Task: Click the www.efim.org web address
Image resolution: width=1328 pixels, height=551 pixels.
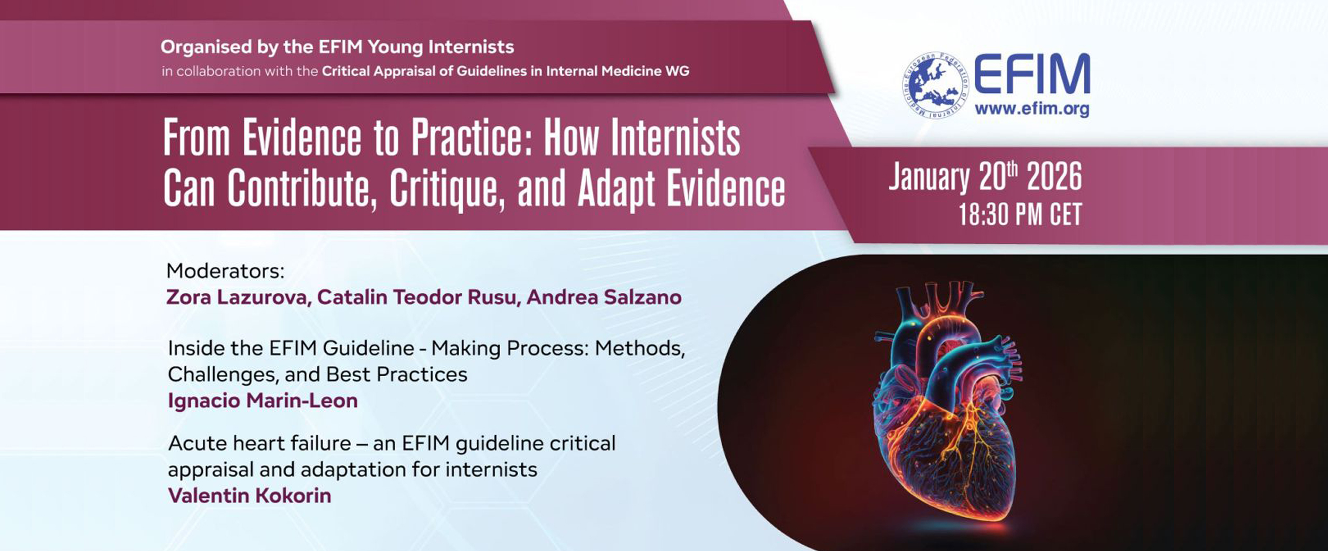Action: (1031, 110)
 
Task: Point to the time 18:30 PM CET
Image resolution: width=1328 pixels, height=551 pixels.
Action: (1019, 214)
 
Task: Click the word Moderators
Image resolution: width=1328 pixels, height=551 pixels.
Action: (225, 271)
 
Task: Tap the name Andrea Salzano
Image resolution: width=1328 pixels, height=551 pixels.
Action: (604, 297)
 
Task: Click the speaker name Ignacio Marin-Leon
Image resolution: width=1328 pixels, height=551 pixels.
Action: (262, 401)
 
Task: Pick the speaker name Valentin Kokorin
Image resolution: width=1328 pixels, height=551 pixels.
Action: (250, 495)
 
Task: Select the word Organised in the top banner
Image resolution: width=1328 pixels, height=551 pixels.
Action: (206, 47)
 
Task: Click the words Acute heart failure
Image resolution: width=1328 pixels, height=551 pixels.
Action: (259, 444)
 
